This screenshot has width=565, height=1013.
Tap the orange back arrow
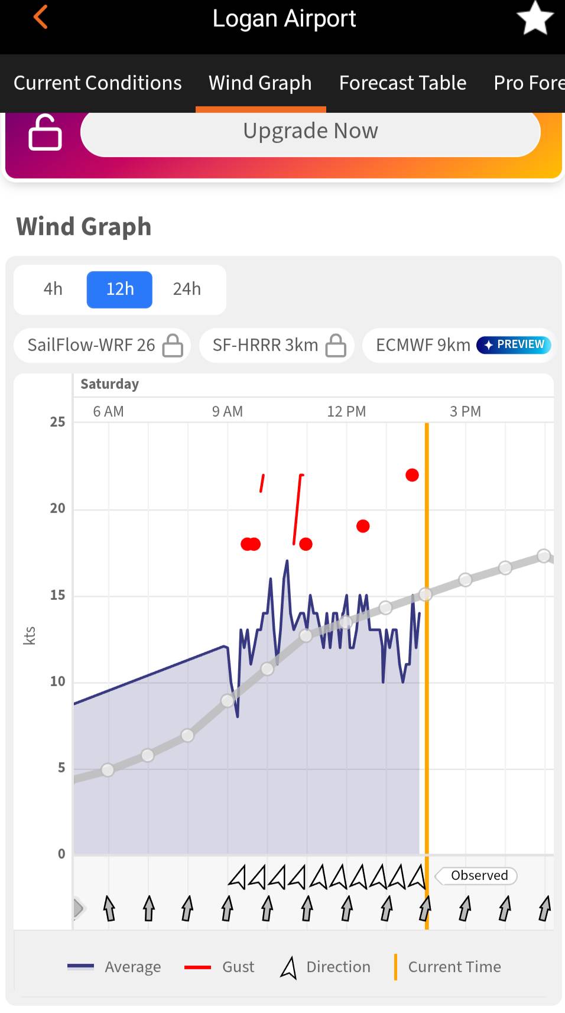tap(40, 17)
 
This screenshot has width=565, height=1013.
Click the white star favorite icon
tap(535, 18)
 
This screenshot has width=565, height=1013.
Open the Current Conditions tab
tap(98, 83)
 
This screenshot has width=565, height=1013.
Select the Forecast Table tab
tap(402, 83)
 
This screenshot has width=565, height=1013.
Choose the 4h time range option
tap(53, 289)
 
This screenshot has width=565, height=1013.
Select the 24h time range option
tap(187, 289)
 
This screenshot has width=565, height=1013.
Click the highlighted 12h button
tap(119, 290)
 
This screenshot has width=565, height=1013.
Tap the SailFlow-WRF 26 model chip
tap(102, 346)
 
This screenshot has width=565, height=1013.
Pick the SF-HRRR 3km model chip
tap(277, 346)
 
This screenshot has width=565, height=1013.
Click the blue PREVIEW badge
tap(514, 345)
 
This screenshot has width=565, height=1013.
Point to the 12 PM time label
tap(346, 411)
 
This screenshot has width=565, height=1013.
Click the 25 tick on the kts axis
tap(57, 422)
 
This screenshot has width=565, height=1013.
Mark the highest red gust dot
tap(412, 475)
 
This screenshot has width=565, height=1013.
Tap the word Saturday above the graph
tap(109, 384)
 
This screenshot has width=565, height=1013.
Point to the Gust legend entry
tap(219, 967)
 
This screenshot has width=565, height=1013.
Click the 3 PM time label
tap(465, 411)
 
